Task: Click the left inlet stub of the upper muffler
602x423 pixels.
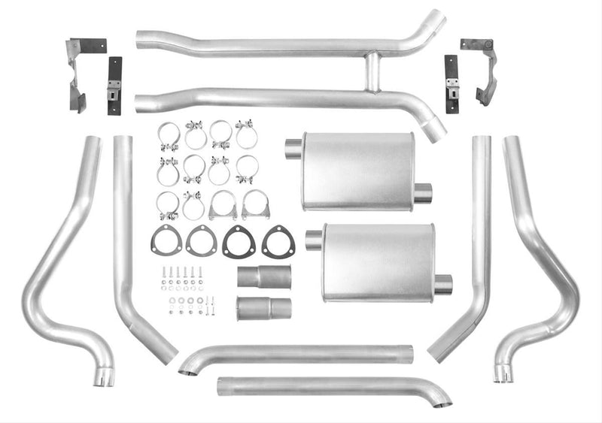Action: click(293, 149)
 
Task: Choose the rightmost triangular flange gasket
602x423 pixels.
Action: click(278, 240)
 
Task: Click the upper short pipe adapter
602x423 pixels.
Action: click(263, 276)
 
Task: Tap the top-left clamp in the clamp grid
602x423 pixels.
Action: click(168, 136)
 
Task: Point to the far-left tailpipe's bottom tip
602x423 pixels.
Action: click(103, 377)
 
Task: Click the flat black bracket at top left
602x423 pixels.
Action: click(114, 86)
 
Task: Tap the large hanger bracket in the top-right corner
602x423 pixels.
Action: click(482, 70)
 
